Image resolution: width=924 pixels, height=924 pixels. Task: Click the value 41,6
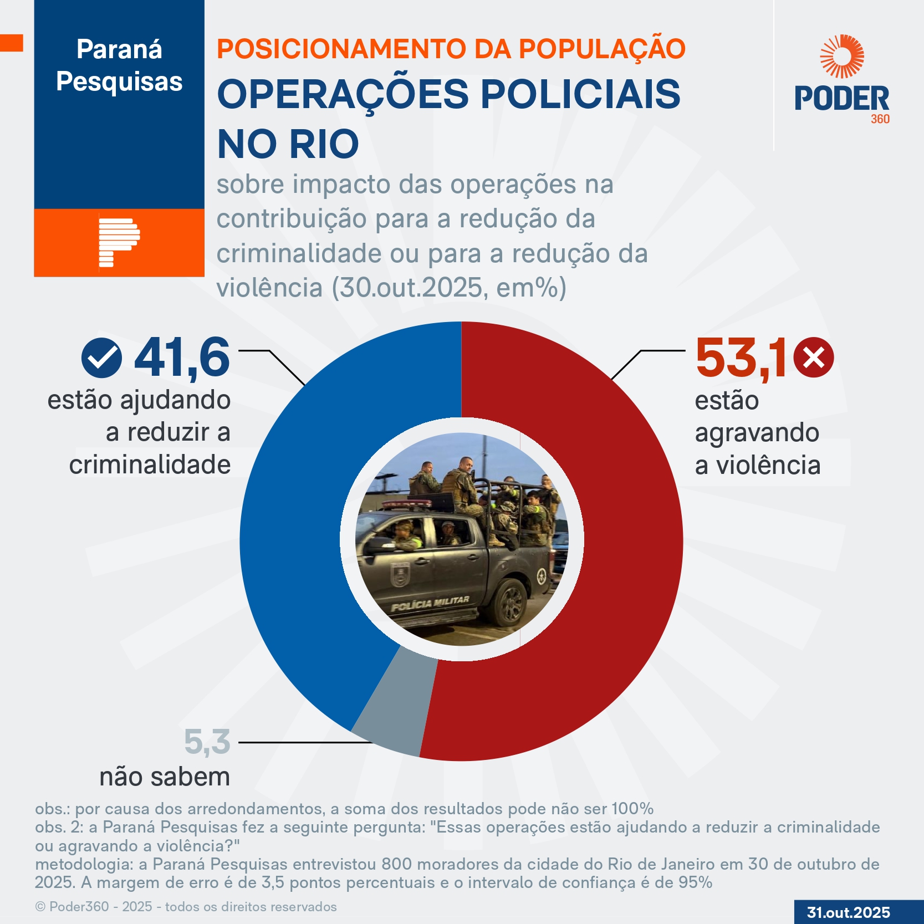click(x=182, y=358)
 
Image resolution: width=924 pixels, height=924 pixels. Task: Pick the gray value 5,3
click(x=207, y=742)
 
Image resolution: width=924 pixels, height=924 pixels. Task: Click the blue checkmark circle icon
click(x=101, y=358)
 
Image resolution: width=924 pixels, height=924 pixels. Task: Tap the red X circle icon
click(x=813, y=358)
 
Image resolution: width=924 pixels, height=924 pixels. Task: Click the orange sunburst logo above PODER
click(x=842, y=57)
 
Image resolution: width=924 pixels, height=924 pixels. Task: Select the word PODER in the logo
click(x=841, y=99)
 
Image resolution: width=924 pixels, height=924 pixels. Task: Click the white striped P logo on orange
click(x=119, y=242)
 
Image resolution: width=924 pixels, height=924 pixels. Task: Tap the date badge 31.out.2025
click(x=849, y=912)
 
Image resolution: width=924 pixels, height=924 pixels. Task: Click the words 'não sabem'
click(x=165, y=777)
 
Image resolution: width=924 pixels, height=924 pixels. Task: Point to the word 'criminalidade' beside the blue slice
click(x=150, y=464)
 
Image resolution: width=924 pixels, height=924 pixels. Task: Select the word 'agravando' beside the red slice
click(x=757, y=432)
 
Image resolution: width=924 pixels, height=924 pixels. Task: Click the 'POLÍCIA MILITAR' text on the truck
click(x=430, y=604)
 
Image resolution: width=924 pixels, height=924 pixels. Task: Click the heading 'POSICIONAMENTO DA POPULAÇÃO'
click(x=451, y=49)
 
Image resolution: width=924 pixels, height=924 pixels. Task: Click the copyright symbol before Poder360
click(x=40, y=907)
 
